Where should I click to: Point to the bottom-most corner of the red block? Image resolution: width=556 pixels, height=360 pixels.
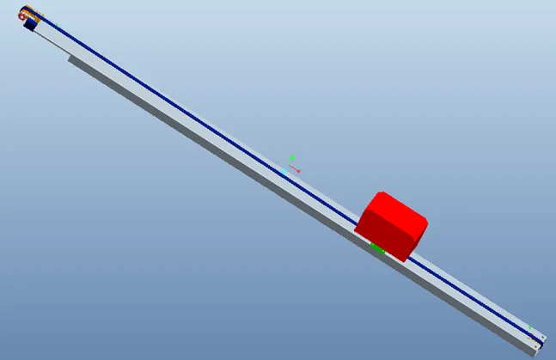point(405,259)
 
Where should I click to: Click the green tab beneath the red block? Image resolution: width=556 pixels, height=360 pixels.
point(376,247)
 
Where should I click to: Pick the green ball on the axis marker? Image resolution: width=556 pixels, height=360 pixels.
point(292,157)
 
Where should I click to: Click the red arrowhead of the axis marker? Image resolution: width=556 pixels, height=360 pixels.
point(298,171)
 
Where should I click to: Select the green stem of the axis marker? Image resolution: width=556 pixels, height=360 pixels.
point(290,162)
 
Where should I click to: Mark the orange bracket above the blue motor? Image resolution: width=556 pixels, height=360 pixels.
point(33,11)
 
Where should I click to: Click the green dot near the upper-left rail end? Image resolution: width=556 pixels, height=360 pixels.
point(38,15)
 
